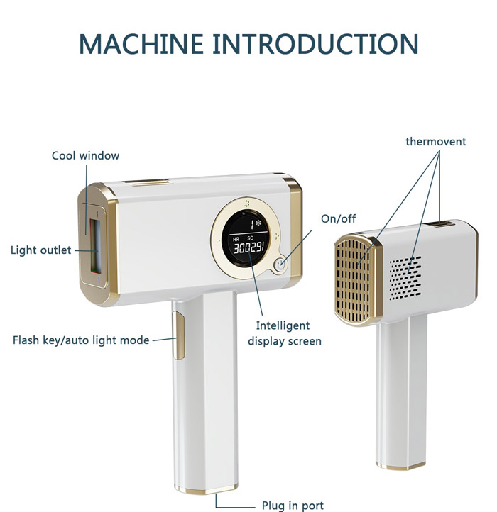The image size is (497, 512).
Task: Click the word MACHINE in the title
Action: [x=141, y=43]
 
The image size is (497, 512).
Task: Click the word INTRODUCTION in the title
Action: [x=315, y=43]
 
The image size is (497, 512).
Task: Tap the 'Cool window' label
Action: [x=85, y=155]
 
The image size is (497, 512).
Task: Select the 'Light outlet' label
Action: [x=41, y=250]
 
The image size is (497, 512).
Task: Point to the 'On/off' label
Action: [x=339, y=218]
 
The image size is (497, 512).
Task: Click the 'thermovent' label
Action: [x=435, y=141]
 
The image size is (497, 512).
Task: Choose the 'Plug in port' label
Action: [x=293, y=506]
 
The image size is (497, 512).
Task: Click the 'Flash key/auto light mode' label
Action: [x=81, y=340]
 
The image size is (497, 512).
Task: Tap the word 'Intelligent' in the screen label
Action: [x=283, y=325]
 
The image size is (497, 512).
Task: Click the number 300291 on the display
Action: [x=248, y=247]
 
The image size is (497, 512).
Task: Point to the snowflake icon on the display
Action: [x=258, y=223]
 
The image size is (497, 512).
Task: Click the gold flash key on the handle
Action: [x=178, y=335]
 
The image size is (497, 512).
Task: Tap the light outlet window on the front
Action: [x=96, y=247]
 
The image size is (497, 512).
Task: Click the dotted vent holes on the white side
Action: [x=405, y=278]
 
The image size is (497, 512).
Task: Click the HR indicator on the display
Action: [x=236, y=240]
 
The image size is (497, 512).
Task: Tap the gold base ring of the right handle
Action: [x=401, y=465]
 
